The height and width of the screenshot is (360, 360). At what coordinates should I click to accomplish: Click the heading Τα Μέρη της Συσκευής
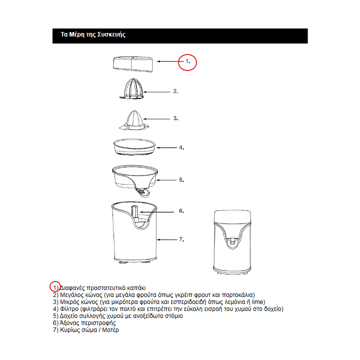92,35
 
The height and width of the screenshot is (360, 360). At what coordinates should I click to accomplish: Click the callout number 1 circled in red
188,61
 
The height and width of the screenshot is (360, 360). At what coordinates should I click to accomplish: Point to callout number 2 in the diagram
175,91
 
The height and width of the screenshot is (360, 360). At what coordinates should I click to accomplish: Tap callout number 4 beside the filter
182,148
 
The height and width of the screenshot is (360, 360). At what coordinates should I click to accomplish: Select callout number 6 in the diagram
182,211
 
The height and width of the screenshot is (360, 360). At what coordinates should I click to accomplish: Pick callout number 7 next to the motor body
182,239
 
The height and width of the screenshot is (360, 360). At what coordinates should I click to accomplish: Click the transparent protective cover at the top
132,63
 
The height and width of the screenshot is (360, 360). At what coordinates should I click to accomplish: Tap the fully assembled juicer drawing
231,241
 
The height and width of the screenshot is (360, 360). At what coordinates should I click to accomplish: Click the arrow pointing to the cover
168,61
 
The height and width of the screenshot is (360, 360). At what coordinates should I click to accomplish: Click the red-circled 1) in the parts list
55,287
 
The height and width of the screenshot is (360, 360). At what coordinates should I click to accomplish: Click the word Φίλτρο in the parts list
68,309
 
